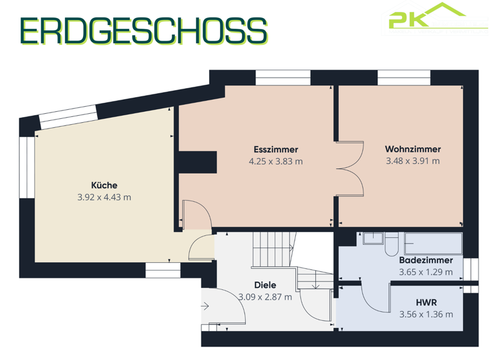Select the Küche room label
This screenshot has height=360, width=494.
click(104, 185)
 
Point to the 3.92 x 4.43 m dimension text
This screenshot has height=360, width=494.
click(104, 197)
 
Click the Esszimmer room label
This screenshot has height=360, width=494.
click(275, 149)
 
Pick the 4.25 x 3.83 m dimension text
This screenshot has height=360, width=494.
click(275, 161)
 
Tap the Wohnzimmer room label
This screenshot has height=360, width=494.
click(412, 148)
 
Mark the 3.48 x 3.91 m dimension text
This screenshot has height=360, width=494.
click(412, 161)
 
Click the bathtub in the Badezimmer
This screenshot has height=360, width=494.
click(433, 242)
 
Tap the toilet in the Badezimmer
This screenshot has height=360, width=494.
click(392, 242)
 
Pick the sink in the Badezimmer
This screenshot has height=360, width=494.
click(372, 239)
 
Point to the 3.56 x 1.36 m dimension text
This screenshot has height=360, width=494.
click(425, 314)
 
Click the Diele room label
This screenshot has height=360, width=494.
click(264, 285)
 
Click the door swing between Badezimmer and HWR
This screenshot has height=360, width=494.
click(373, 297)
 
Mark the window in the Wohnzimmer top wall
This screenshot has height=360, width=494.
click(403, 78)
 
